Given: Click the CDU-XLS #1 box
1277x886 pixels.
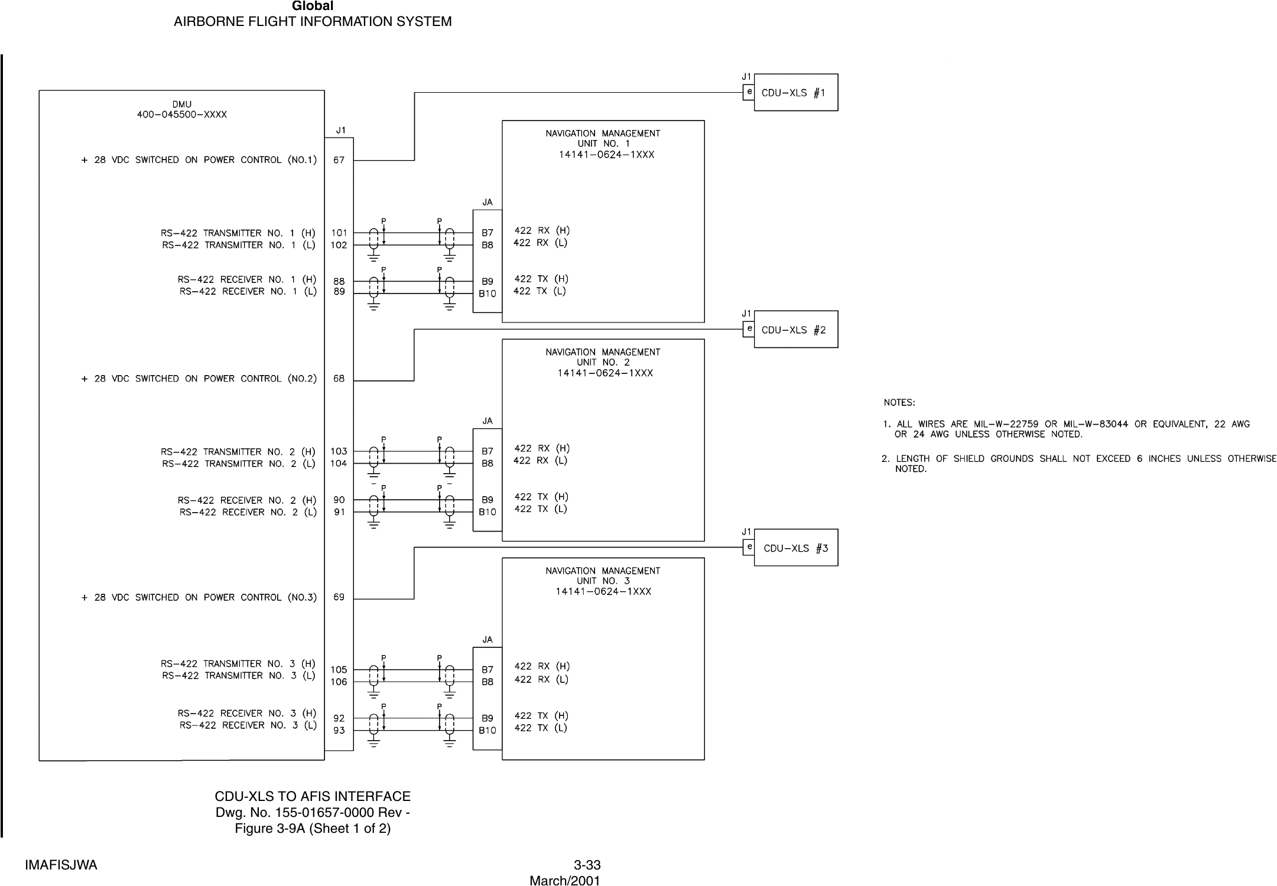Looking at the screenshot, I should coord(795,93).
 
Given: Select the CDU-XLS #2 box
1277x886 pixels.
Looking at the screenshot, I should coord(795,330).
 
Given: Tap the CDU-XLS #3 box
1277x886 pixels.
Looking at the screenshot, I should coord(795,548).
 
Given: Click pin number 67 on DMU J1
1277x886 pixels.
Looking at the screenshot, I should coord(339,160).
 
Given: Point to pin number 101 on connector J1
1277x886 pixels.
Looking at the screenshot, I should coord(339,233).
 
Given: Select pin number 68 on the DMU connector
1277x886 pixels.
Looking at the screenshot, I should coord(339,379).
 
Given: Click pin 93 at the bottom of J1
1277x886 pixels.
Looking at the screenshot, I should coord(339,731).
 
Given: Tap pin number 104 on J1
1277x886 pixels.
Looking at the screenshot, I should coord(339,464).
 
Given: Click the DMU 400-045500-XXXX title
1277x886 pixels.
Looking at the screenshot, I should coord(182,110).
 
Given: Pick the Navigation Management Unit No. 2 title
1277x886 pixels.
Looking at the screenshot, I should coord(603,362).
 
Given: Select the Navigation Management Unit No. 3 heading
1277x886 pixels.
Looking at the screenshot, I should coord(603,581).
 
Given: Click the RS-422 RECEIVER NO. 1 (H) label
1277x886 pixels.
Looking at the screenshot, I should coord(247,279).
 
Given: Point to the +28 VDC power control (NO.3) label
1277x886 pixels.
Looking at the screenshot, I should coord(199,597).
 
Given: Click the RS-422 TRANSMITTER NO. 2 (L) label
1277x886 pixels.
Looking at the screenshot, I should coord(239,464).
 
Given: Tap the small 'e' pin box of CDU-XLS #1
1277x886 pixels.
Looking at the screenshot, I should coord(749,93).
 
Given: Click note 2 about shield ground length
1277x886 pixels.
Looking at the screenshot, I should coord(1078,464).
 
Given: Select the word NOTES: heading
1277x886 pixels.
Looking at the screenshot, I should coord(899,403).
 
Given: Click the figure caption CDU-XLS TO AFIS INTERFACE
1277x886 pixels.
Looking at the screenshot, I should coord(313,796).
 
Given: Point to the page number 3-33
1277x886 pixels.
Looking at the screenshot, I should coord(587,865).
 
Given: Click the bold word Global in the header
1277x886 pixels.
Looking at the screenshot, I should coord(313,6).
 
